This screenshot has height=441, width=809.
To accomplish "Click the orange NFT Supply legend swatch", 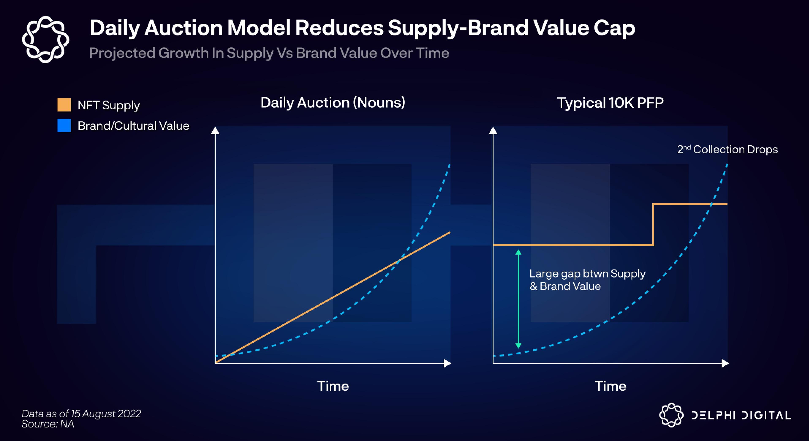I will [64, 105].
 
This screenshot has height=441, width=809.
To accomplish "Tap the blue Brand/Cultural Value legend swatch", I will [64, 125].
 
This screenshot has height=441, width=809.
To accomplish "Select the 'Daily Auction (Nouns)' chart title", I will [333, 103].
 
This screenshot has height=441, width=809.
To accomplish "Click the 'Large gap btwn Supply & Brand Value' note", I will [587, 280].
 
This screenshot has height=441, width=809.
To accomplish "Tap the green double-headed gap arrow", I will [518, 298].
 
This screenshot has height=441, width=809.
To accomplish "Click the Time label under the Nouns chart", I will [333, 386].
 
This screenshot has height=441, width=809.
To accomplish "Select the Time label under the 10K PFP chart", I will [610, 386].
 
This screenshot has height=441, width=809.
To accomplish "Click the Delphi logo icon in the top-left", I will [46, 39].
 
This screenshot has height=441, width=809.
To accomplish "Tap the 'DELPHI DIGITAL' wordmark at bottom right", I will [741, 415].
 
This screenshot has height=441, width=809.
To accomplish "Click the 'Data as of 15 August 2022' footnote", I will [81, 414].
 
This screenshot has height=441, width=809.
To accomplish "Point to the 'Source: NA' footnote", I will [48, 424].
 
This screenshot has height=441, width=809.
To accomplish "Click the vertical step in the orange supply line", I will [653, 225].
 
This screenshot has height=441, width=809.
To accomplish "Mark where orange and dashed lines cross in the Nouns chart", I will [398, 260].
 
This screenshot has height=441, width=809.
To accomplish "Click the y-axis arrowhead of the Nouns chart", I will [215, 130].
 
